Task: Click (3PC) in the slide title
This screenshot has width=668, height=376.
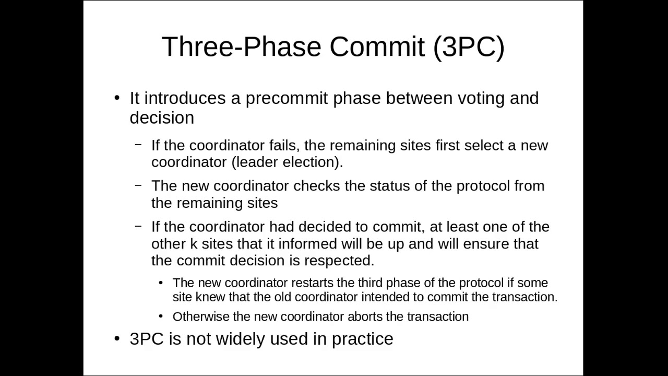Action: tap(469, 47)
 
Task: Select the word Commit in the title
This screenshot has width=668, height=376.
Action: tap(377, 47)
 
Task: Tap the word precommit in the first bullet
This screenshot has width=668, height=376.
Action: tap(287, 98)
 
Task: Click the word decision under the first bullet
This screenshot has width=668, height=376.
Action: tap(162, 118)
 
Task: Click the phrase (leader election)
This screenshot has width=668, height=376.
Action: tap(287, 162)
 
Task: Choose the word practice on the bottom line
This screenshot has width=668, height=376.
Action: tap(362, 339)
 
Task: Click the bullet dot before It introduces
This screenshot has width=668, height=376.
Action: tap(117, 99)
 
